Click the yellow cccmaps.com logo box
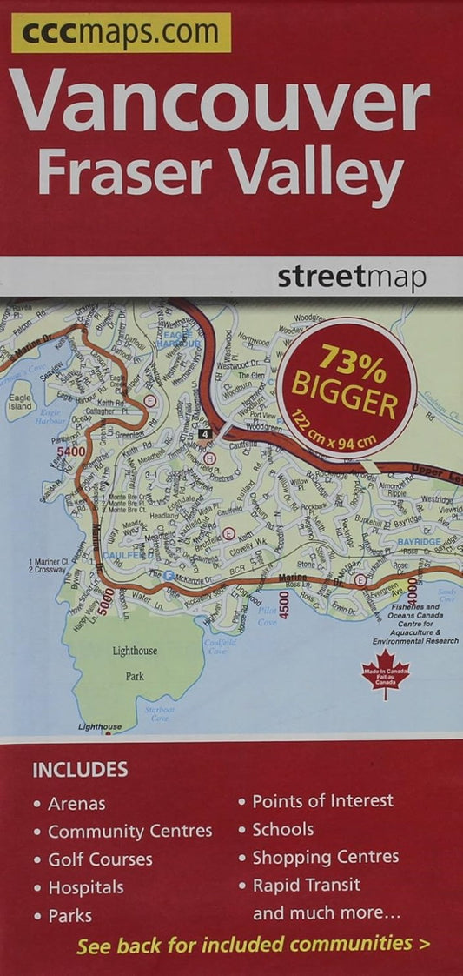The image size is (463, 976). coord(121,33)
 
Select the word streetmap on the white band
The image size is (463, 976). coord(352,278)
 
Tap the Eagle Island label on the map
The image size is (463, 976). coord(19,402)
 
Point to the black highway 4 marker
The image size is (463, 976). coord(204,433)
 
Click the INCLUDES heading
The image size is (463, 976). coord(80,770)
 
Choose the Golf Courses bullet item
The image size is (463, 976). coord(100,859)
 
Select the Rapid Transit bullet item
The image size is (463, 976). coord(306,886)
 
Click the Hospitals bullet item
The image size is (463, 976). coord(85,888)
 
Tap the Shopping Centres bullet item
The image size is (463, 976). coord(325,858)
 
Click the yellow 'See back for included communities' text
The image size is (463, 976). coord(252,945)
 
